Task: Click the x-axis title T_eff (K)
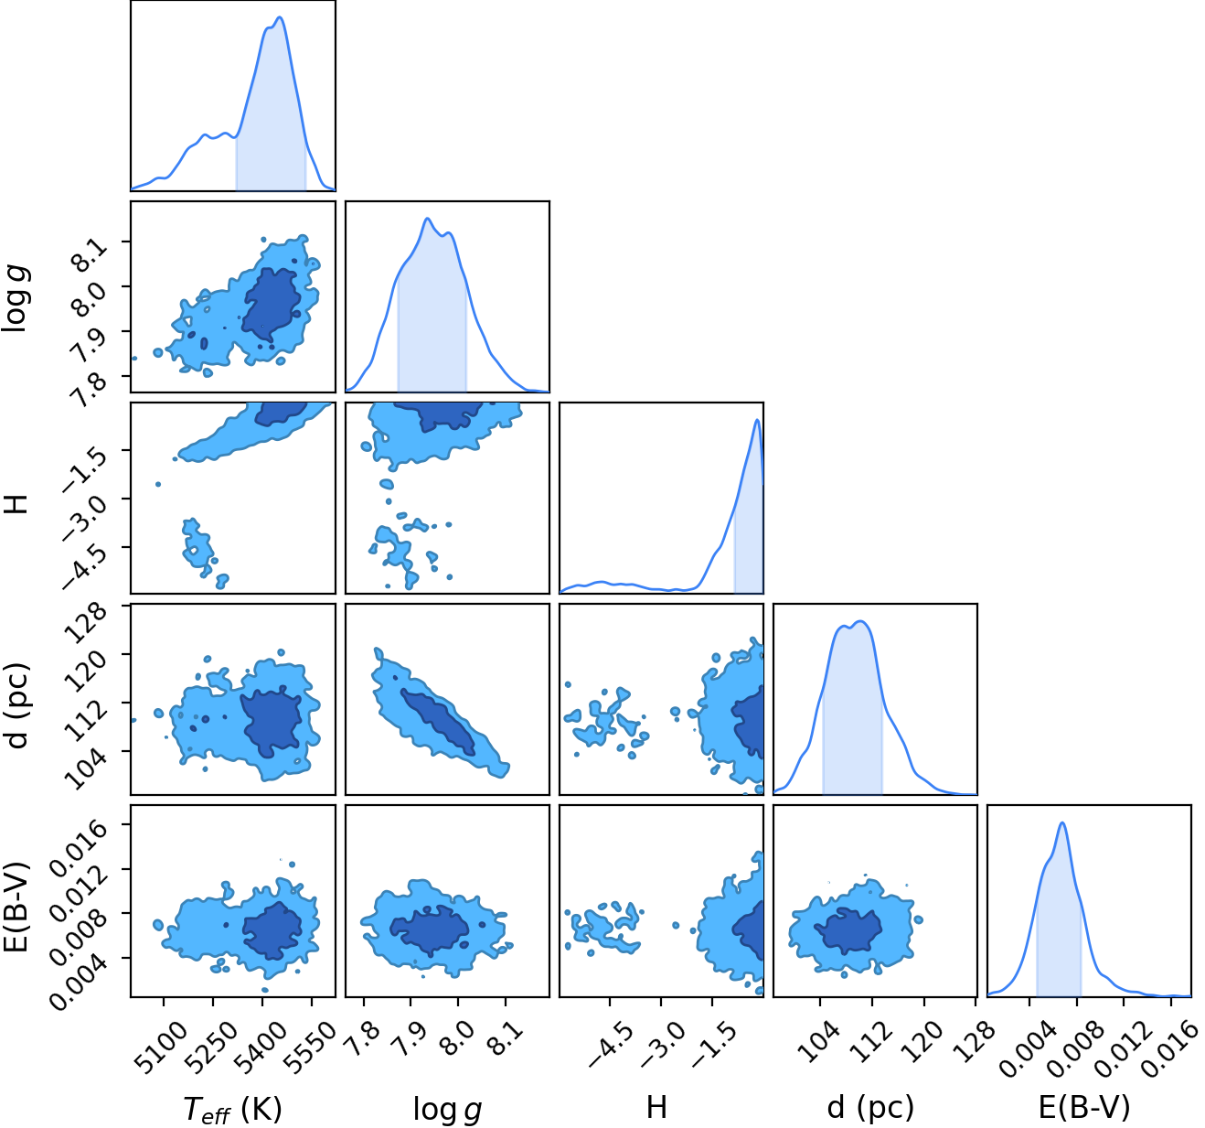(232, 1109)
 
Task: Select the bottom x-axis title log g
(447, 1109)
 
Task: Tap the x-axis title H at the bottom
(656, 1107)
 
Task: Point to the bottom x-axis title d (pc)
(870, 1108)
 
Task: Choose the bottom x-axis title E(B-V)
(1084, 1107)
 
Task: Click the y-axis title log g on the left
(16, 299)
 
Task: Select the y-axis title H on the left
(16, 503)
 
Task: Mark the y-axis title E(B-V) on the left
(16, 907)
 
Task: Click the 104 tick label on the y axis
(89, 768)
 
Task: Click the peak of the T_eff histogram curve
(280, 17)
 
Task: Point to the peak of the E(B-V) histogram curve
(1061, 822)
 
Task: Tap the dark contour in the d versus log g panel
(437, 722)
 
